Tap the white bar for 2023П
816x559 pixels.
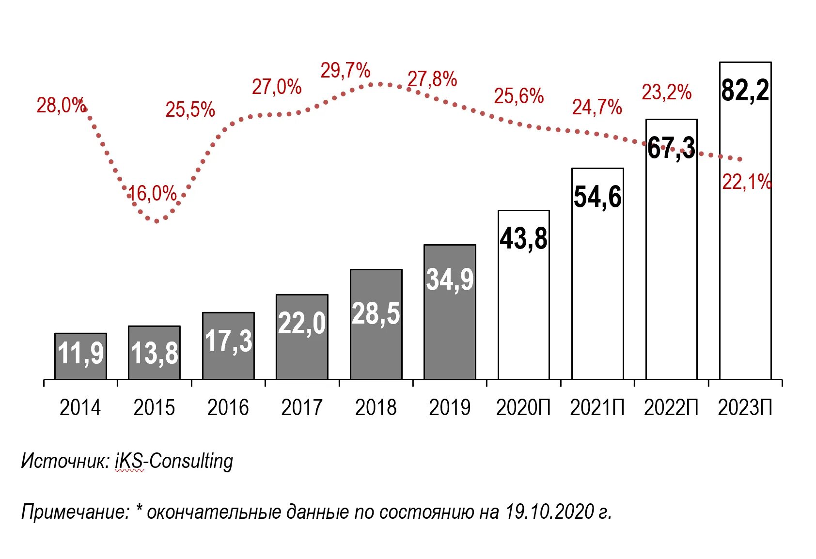point(745,242)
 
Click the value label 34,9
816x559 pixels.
point(450,279)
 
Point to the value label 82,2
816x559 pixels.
point(745,91)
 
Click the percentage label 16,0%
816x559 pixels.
point(152,194)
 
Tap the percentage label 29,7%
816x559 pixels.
point(345,71)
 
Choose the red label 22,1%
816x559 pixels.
point(746,183)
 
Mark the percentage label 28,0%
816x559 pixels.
point(61,105)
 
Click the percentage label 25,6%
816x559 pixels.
point(518,96)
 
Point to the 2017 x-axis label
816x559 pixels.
point(301,407)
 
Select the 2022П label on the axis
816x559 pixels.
point(671,407)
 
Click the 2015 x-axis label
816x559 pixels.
point(154,407)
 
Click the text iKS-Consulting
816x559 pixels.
point(174,461)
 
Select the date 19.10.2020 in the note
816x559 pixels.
point(549,512)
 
